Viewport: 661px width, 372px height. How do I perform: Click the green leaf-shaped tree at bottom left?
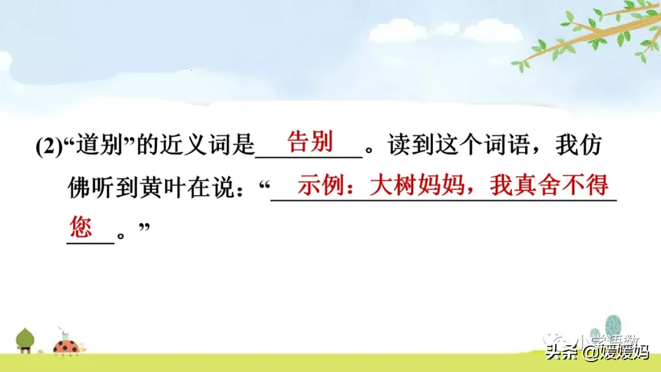coord(25,339)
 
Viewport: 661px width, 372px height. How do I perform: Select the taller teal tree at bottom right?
coord(613,327)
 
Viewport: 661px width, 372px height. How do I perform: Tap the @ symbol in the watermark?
coord(589,353)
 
